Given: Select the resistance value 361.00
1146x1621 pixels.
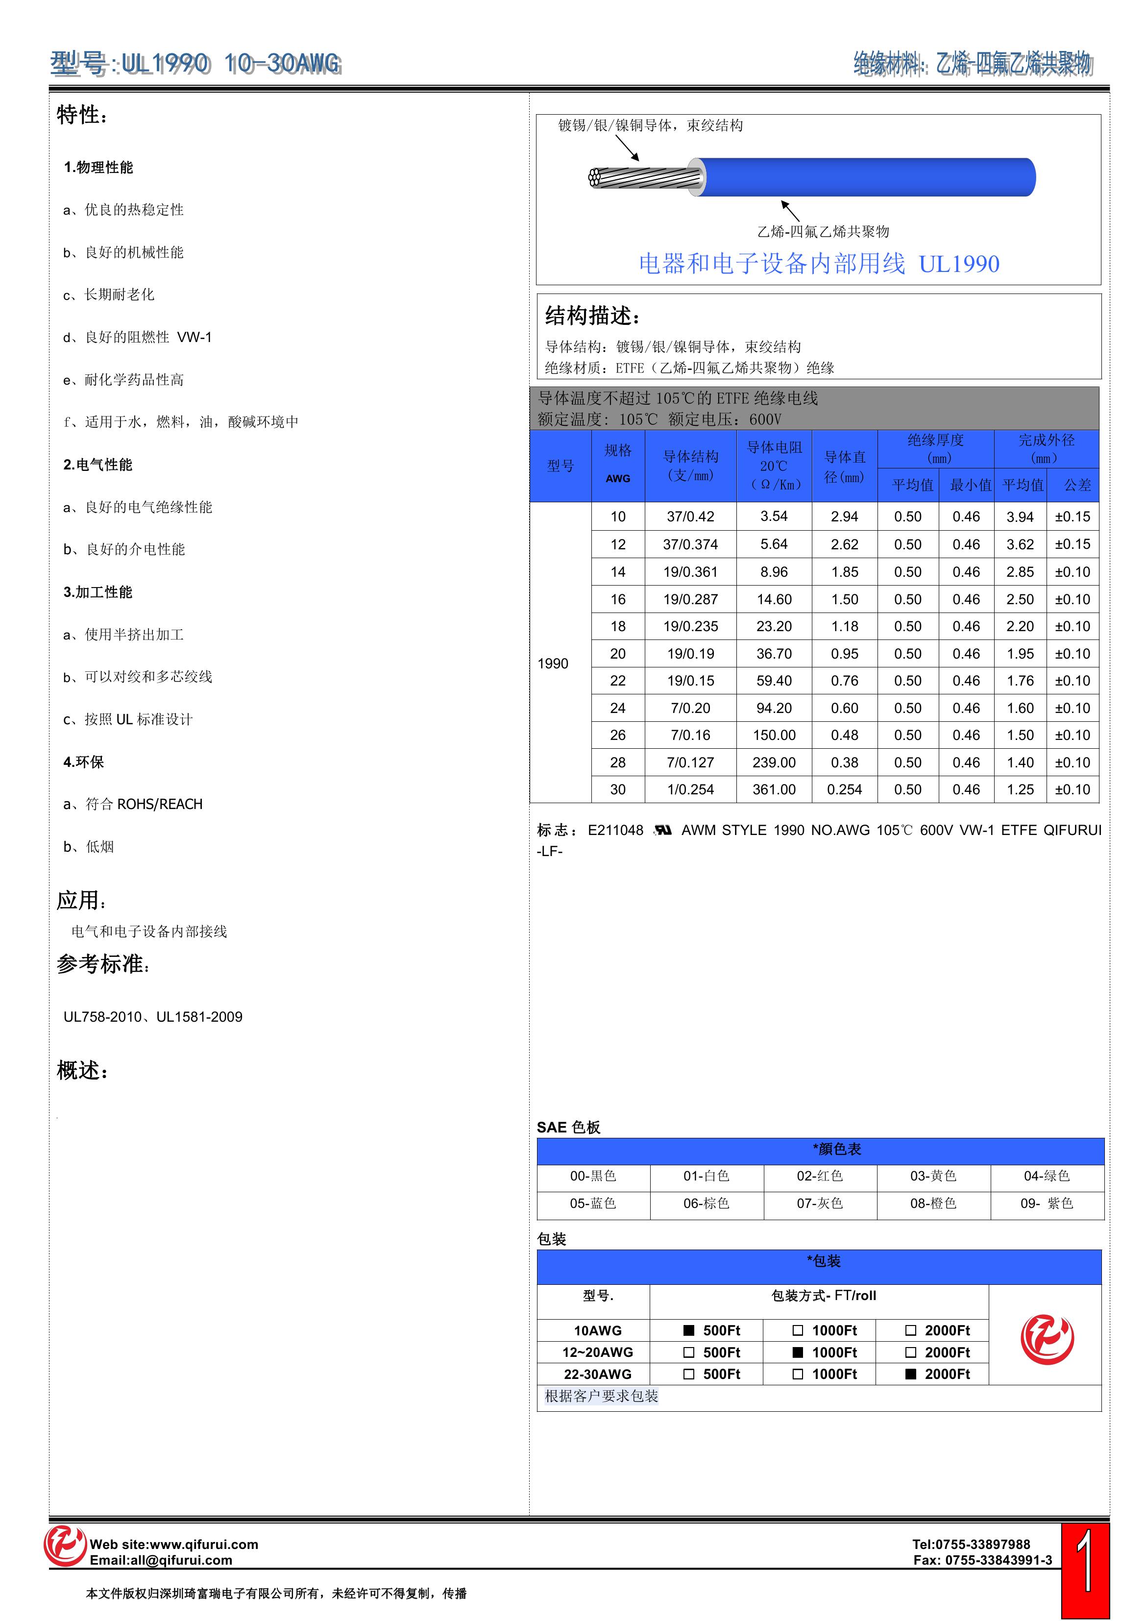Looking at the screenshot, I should (774, 789).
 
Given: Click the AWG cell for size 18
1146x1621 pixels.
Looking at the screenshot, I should (618, 626).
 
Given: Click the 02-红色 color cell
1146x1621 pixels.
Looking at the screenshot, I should (820, 1176).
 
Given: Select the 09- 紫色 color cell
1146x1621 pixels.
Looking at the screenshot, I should (1047, 1203).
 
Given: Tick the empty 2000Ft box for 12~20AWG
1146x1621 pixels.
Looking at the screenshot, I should (911, 1352).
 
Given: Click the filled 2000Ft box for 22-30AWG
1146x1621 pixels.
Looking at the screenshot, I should (911, 1374).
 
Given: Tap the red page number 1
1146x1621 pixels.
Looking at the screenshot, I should (1085, 1569).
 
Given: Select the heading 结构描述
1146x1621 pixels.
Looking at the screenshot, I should (592, 316).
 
